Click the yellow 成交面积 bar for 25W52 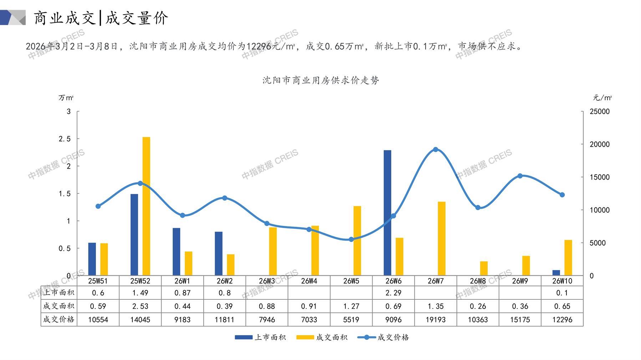pos(146,206)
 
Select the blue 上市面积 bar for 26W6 pos(387,213)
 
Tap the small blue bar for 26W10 pos(556,273)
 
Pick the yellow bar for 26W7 pos(442,238)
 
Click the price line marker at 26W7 pos(436,150)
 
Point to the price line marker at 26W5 pos(351,240)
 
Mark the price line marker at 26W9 pos(520,176)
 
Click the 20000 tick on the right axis pos(600,144)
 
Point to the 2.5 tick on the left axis pos(65,139)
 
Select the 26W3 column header pos(267,281)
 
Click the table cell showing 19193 pos(436,320)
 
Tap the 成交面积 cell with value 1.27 pos(351,306)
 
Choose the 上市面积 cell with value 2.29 pos(393,293)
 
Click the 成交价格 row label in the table pos(58,320)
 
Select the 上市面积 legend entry pos(261,337)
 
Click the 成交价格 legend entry pos(383,337)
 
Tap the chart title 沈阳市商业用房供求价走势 pos(321,80)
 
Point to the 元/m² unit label pos(602,98)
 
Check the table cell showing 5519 pos(351,320)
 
